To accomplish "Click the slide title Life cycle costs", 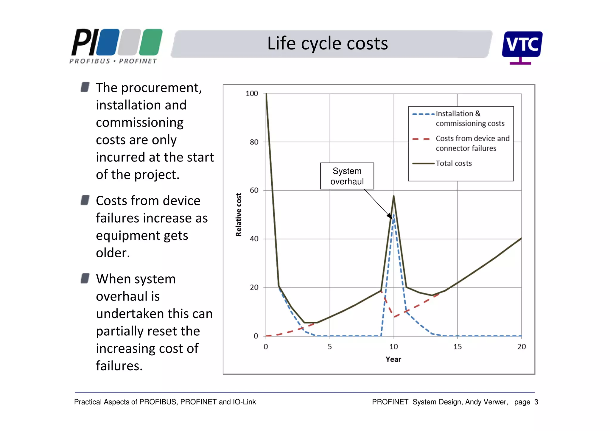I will pos(327,43).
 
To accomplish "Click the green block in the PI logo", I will pos(151,42).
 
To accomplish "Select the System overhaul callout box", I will pos(347,176).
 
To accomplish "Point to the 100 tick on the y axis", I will pos(252,94).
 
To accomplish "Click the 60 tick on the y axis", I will pos(254,190).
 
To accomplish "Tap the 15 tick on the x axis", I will pos(457,347).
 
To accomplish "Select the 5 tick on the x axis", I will pos(329,347).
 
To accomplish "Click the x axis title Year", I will pos(393,359).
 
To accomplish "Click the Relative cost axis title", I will pos(239,214).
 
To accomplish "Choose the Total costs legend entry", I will pos(453,164).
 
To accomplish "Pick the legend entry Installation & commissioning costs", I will pos(469,119).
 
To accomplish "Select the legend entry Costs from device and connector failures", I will pos(472,143).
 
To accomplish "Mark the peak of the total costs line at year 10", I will pos(393,196).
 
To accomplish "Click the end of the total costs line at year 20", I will pos(521,239).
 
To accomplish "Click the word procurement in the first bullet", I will pos(161,88).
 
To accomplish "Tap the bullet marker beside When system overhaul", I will pos(85,278).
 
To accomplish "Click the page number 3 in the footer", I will pos(536,402).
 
